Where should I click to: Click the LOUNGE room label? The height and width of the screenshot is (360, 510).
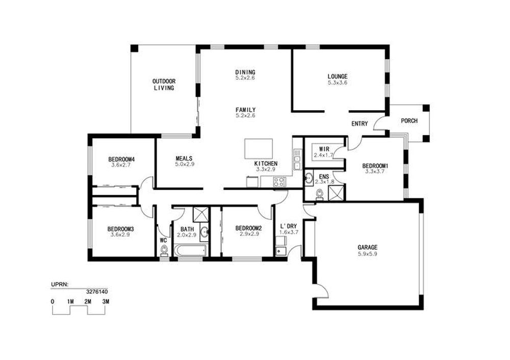337,76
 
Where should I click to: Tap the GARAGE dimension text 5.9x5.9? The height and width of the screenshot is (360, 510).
367,254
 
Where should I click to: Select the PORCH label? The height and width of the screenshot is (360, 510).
409,121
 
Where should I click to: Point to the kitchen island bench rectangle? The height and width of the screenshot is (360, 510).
259,148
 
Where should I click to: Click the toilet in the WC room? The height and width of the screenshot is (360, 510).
164,251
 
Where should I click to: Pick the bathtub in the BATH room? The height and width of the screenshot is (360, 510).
190,250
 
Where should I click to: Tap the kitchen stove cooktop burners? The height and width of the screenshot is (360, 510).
279,182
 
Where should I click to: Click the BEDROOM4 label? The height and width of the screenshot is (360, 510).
121,160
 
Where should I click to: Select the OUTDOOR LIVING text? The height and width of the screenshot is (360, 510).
164,85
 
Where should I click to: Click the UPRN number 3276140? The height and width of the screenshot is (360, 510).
97,292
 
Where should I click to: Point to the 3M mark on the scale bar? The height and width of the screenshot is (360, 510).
106,301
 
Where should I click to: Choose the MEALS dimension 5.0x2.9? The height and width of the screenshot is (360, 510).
185,164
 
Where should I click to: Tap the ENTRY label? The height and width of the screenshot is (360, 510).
360,123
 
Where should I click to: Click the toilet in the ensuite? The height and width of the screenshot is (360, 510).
320,195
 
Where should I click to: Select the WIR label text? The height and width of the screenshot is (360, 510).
324,149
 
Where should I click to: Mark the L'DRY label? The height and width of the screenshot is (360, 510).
289,226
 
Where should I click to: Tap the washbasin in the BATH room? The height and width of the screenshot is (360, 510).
205,232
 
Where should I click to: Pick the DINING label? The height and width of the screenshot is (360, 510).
245,72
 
